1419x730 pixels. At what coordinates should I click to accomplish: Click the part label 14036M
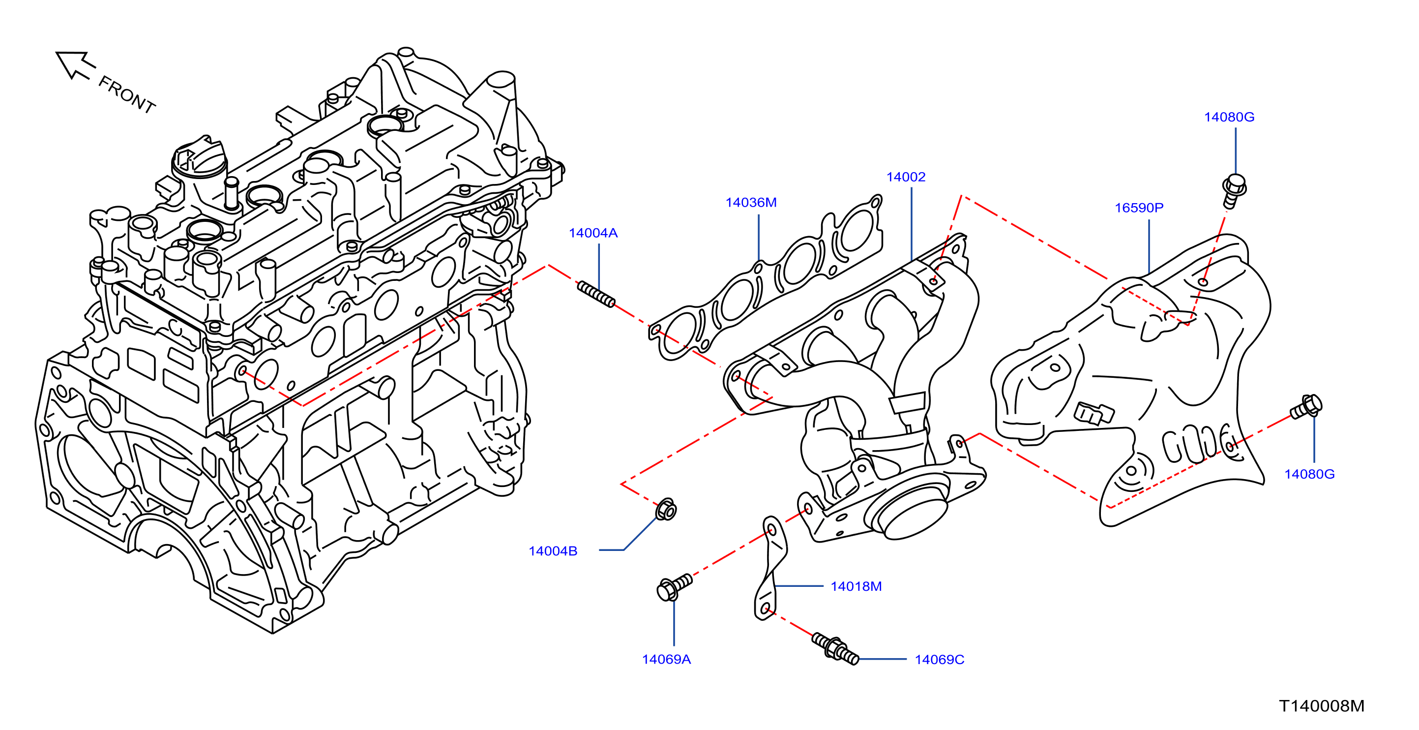click(751, 203)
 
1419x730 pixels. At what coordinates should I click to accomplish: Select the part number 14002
click(906, 177)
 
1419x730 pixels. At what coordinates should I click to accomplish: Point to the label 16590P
click(1139, 208)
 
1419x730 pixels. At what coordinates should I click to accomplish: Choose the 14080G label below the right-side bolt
click(1309, 474)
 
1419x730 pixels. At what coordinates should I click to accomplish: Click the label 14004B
click(553, 551)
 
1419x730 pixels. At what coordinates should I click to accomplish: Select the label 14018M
click(856, 586)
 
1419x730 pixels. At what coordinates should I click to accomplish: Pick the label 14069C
click(939, 660)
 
